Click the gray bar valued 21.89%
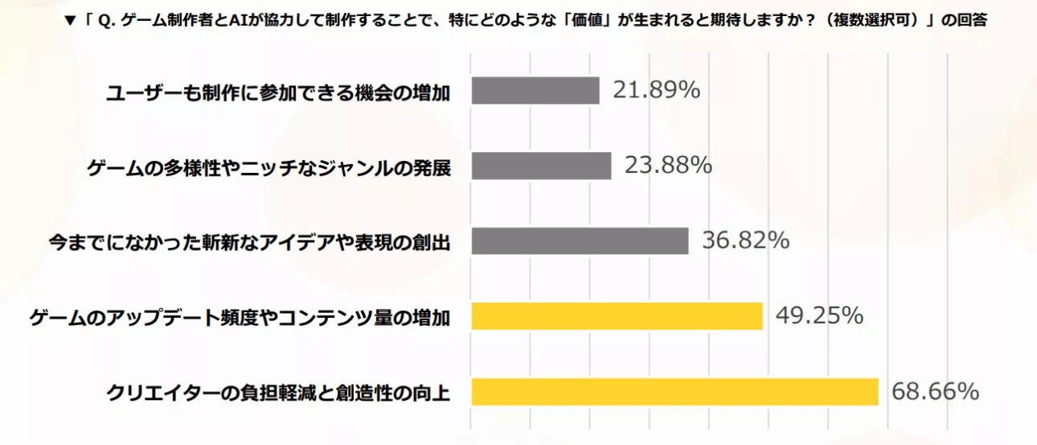pos(535,91)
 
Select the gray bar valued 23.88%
pos(541,166)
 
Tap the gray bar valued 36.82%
pos(580,241)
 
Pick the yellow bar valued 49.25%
pos(617,316)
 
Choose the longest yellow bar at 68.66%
pos(674,392)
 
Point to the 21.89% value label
pos(656,90)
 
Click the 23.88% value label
pos(668,166)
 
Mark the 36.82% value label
pos(745,241)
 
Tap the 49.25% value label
pos(819,316)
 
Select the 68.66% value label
pos(935,392)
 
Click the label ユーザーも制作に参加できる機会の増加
pos(278,93)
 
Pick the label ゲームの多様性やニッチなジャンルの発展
pos(268,168)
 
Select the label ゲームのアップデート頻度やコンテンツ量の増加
pos(240,318)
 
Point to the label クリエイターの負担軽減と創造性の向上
pos(278,393)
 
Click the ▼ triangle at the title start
pos(69,22)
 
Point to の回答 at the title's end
pos(966,22)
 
